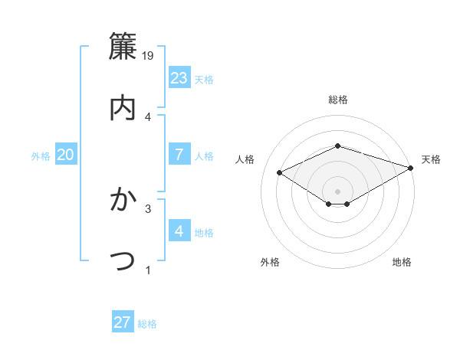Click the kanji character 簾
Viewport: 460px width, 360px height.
pos(123,46)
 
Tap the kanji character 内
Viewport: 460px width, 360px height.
pos(123,108)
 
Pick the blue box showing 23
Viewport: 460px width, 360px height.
pos(179,78)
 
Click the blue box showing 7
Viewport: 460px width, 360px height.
pos(179,155)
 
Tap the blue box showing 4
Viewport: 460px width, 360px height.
pos(179,231)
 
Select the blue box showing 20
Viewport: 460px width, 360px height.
pos(66,155)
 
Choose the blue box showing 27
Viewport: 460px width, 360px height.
pos(123,322)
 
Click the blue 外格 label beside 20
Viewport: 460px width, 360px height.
pos(41,156)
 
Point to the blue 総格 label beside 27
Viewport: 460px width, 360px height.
pos(147,324)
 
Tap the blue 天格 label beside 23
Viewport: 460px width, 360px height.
pos(204,80)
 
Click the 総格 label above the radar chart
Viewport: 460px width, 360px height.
pos(337,100)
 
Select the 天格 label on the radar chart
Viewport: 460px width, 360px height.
pos(431,159)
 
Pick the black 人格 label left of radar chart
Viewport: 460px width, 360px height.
pos(245,159)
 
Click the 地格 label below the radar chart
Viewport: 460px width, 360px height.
pos(402,262)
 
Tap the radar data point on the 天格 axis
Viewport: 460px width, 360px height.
pos(412,167)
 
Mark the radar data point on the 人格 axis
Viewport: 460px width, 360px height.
pos(280,172)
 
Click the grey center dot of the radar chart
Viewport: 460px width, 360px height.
pos(337,191)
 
